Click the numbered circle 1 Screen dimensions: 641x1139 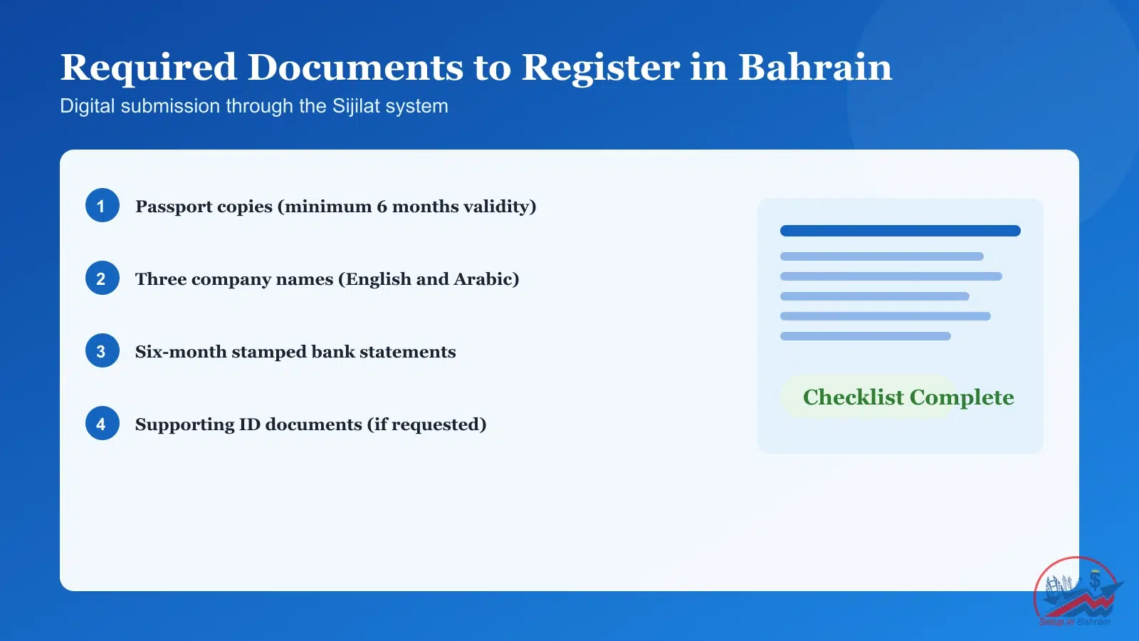[102, 206]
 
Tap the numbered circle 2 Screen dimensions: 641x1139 [102, 278]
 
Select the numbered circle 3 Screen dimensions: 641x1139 [102, 351]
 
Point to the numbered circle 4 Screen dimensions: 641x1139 [102, 424]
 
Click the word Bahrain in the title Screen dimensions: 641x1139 [814, 68]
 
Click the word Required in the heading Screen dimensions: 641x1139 [148, 68]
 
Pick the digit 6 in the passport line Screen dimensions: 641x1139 [382, 207]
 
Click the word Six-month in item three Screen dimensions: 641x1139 [180, 352]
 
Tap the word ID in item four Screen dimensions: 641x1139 [250, 424]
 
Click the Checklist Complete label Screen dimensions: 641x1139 [908, 397]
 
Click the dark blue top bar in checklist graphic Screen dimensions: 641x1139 [900, 231]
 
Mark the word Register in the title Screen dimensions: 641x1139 [600, 68]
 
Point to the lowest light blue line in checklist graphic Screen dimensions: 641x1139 [865, 336]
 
